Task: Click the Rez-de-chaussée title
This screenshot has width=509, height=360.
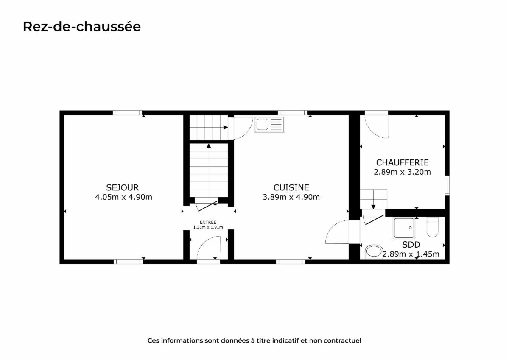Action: click(x=82, y=27)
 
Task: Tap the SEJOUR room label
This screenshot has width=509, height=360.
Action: click(x=122, y=187)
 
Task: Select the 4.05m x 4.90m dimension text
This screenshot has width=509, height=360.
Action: click(x=123, y=197)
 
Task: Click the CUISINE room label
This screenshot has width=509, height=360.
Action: click(x=291, y=187)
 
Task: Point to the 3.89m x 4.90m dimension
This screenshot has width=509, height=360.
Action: click(x=291, y=197)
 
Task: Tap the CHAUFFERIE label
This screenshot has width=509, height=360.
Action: click(x=402, y=163)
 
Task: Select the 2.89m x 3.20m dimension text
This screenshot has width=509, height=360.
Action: click(x=402, y=172)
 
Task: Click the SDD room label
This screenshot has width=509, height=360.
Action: click(x=411, y=245)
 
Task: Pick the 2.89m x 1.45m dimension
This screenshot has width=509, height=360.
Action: click(x=411, y=254)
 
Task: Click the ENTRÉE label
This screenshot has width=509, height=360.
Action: click(x=208, y=222)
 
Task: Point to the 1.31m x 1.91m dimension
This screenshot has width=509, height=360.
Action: click(x=208, y=227)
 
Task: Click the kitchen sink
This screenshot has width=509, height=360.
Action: click(x=269, y=125)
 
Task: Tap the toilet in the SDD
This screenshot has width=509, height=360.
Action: click(x=432, y=227)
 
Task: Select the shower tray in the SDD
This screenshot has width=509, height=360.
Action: click(x=404, y=228)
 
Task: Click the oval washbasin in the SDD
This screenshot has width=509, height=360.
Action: click(x=374, y=251)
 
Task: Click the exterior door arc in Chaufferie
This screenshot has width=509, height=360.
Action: click(x=373, y=132)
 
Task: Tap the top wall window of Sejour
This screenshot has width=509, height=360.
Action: click(x=128, y=113)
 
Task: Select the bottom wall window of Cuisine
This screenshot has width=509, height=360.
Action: click(x=291, y=262)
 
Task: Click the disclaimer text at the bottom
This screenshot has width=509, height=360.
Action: click(x=254, y=340)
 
